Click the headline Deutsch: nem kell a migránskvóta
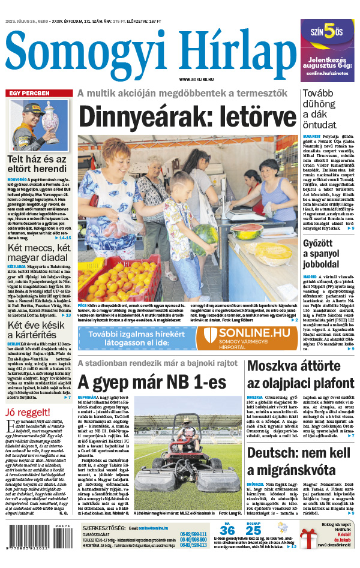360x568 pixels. (x=292, y=461)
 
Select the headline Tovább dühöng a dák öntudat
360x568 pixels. (x=327, y=109)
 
